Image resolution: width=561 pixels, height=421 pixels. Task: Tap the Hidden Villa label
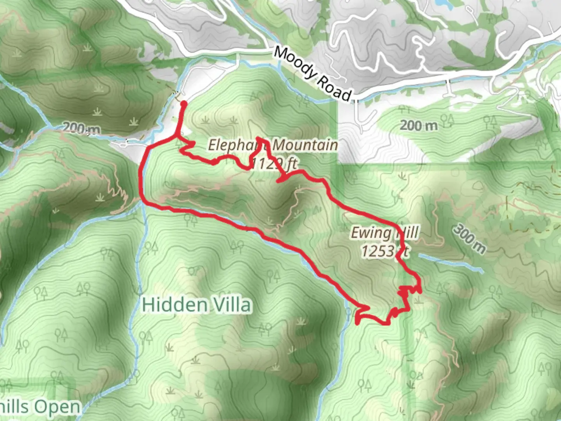tap(196, 304)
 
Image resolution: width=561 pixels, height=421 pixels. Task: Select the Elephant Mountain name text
tap(273, 145)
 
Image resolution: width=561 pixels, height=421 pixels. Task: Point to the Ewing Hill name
tap(385, 233)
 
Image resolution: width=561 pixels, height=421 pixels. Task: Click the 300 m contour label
tap(469, 239)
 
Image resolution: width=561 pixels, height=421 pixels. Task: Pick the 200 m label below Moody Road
tap(419, 126)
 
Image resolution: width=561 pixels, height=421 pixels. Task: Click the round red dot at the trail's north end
tap(183, 103)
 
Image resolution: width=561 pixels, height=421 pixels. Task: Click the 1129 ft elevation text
tap(274, 164)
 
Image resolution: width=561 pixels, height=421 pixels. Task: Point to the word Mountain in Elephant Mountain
tap(305, 145)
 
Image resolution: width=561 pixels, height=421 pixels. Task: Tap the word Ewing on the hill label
tap(370, 233)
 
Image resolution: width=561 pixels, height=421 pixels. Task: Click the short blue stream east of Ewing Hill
tap(452, 262)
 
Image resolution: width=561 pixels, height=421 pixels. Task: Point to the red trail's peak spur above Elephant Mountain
tap(259, 139)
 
